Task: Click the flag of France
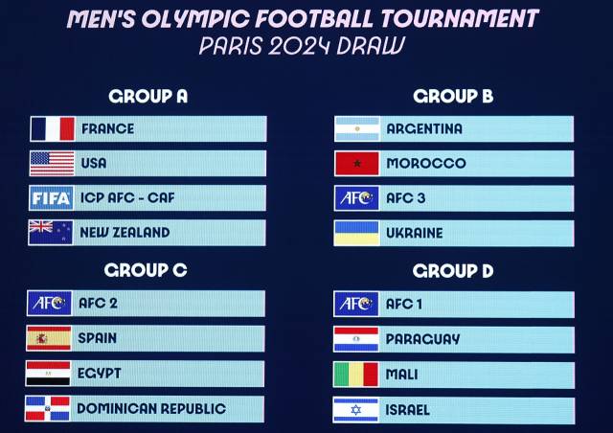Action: click(52, 128)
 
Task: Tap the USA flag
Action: click(52, 163)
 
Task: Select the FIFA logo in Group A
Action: click(52, 197)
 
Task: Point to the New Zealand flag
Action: click(52, 232)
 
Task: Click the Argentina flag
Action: click(356, 128)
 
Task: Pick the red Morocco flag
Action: click(356, 163)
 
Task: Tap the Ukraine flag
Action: click(356, 233)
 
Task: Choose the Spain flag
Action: click(48, 337)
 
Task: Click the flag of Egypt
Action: click(48, 373)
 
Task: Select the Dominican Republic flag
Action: click(48, 408)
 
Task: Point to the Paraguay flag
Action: click(356, 339)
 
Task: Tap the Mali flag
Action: click(356, 374)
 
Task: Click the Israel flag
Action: click(356, 409)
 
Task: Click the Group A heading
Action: click(148, 96)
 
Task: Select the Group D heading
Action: click(452, 271)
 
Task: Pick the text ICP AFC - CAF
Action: click(128, 197)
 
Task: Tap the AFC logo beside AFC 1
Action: click(356, 304)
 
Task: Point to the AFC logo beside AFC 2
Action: click(48, 303)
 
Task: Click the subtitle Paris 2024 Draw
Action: click(302, 45)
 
